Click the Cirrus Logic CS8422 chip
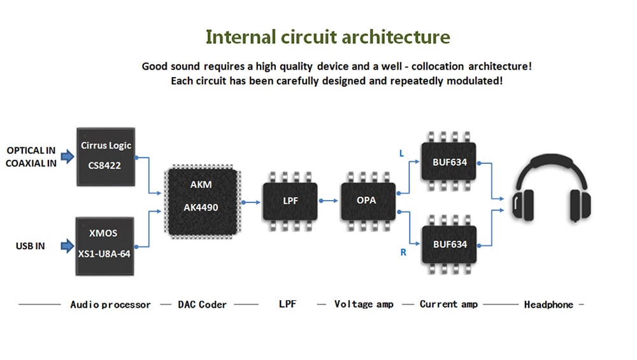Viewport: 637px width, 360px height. (x=106, y=155)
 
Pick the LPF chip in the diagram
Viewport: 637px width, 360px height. (x=290, y=200)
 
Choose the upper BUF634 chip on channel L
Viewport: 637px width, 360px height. (x=450, y=162)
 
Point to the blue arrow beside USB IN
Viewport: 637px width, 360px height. (x=67, y=245)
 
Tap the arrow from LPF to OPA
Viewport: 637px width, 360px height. (x=329, y=200)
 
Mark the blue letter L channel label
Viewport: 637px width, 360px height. (x=401, y=154)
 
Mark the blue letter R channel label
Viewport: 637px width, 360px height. (x=403, y=253)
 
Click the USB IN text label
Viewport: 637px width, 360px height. (x=31, y=246)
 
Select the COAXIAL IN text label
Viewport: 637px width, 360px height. (x=31, y=163)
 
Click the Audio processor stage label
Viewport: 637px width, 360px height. (x=110, y=305)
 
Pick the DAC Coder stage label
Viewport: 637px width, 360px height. (x=202, y=305)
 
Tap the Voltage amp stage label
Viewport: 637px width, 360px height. (x=364, y=305)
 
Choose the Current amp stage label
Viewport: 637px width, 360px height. (x=448, y=305)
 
